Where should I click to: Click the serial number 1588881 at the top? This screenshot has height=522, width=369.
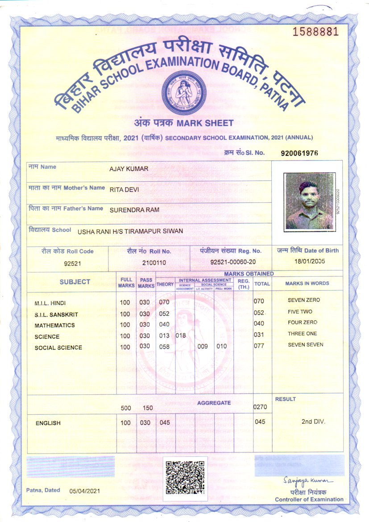315,32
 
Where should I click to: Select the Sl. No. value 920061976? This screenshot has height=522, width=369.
299,153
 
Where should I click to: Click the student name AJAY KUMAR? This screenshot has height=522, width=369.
129,169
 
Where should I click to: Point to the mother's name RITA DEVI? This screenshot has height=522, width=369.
124,189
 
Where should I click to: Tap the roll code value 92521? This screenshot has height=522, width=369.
72,263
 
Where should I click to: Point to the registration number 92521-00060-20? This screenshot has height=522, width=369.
233,262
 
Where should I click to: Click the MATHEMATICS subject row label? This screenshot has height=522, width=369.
54,326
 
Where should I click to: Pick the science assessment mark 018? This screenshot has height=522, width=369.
181,335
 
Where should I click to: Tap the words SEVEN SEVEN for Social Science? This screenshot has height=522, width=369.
306,345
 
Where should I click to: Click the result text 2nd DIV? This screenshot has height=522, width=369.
313,421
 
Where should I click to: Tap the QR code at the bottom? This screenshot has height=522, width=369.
185,478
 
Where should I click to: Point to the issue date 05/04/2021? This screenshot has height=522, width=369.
85,491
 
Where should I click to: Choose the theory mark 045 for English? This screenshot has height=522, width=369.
165,422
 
